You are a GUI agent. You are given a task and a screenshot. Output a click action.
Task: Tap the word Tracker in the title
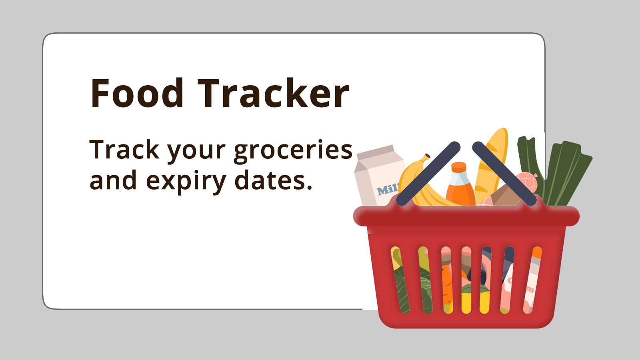click(x=274, y=93)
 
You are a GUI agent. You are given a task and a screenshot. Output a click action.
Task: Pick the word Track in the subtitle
click(x=124, y=149)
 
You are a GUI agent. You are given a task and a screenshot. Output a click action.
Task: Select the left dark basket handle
click(x=428, y=174)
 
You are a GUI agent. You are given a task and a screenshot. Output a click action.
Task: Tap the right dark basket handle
click(x=504, y=174)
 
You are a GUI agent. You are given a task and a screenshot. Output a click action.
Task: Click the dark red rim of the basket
click(x=466, y=216)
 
